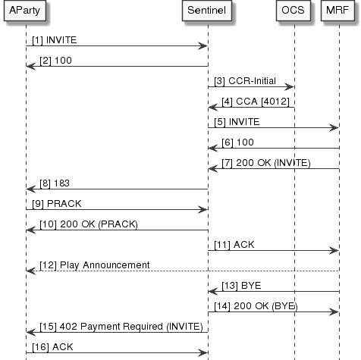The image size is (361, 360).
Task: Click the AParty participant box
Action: (25, 12)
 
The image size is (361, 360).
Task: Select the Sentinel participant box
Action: (208, 12)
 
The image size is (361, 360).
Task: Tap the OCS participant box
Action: (294, 12)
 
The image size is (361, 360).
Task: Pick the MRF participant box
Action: (338, 12)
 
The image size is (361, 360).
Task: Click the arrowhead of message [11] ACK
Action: (334, 251)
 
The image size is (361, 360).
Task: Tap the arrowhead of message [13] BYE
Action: (213, 292)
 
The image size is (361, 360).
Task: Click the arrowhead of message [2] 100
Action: (30, 67)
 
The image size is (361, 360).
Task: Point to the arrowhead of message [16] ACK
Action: (203, 353)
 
